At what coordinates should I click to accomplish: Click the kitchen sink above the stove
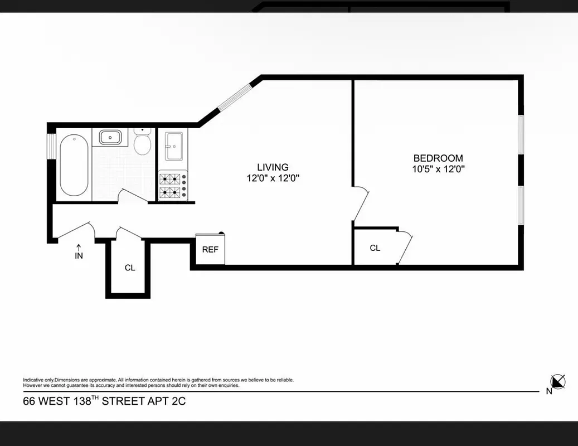[x=173, y=146]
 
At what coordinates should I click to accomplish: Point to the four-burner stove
[x=173, y=186]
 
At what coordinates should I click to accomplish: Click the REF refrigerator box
[x=210, y=249]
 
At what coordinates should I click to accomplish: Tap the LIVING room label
[x=273, y=167]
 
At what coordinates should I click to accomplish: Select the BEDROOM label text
[x=438, y=158]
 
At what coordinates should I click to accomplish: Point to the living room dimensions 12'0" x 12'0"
[x=273, y=178]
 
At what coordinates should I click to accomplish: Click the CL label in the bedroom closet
[x=375, y=248]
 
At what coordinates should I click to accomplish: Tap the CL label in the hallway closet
[x=130, y=268]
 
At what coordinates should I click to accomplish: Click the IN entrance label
[x=79, y=256]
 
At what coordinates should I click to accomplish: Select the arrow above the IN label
[x=79, y=247]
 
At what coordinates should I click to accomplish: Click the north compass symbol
[x=557, y=382]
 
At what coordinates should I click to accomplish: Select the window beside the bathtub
[x=50, y=147]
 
